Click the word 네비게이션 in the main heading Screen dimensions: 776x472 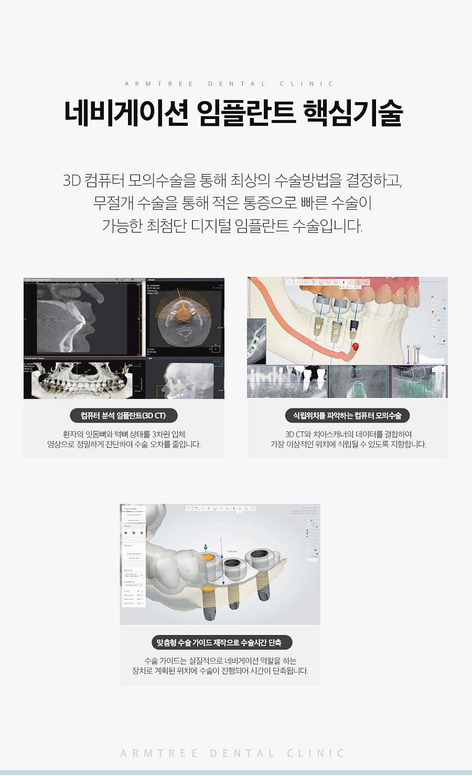(126, 113)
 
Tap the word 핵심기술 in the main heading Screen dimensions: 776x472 (353, 113)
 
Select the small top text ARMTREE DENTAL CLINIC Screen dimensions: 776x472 (229, 84)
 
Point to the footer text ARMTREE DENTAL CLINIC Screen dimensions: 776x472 (232, 753)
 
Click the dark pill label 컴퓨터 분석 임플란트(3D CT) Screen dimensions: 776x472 (123, 416)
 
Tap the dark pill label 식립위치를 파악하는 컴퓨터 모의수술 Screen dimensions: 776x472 (347, 416)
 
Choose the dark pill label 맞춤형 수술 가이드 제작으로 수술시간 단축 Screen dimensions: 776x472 (219, 642)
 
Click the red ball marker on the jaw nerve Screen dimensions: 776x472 (355, 346)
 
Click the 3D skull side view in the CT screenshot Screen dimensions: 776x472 (181, 379)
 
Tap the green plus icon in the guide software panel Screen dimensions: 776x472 (142, 533)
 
